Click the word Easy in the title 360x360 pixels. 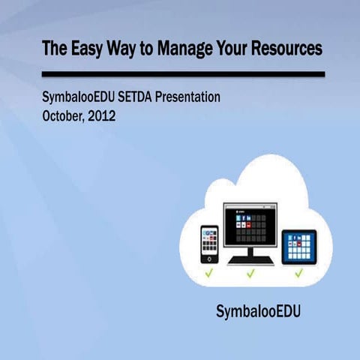82,49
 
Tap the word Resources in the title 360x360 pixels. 285,49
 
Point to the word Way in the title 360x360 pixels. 120,49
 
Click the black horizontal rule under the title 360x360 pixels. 183,74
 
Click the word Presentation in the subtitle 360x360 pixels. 194,97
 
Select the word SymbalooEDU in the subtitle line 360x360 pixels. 79,97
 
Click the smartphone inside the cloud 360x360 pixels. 210,244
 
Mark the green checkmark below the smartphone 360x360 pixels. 210,273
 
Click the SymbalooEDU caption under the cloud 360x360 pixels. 257,311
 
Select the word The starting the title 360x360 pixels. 52,49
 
